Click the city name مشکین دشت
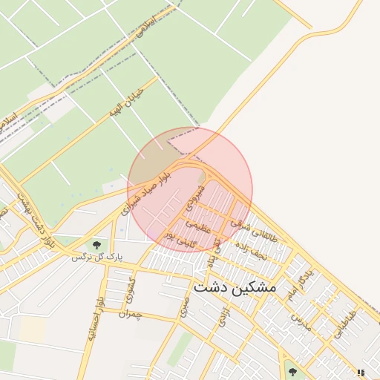click(235, 286)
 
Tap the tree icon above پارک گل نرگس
click(96, 244)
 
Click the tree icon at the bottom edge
click(292, 371)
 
